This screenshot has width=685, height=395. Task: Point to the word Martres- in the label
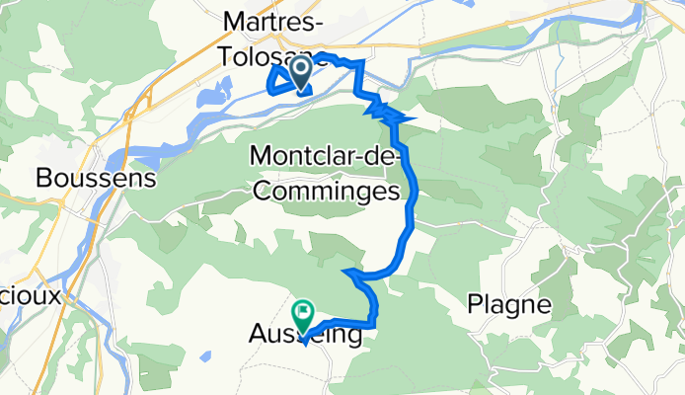coord(275,20)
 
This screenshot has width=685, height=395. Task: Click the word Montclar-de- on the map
coord(326,156)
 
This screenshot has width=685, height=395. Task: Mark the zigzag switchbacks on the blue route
coord(387,112)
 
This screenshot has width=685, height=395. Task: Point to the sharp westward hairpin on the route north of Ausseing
coord(345,270)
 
